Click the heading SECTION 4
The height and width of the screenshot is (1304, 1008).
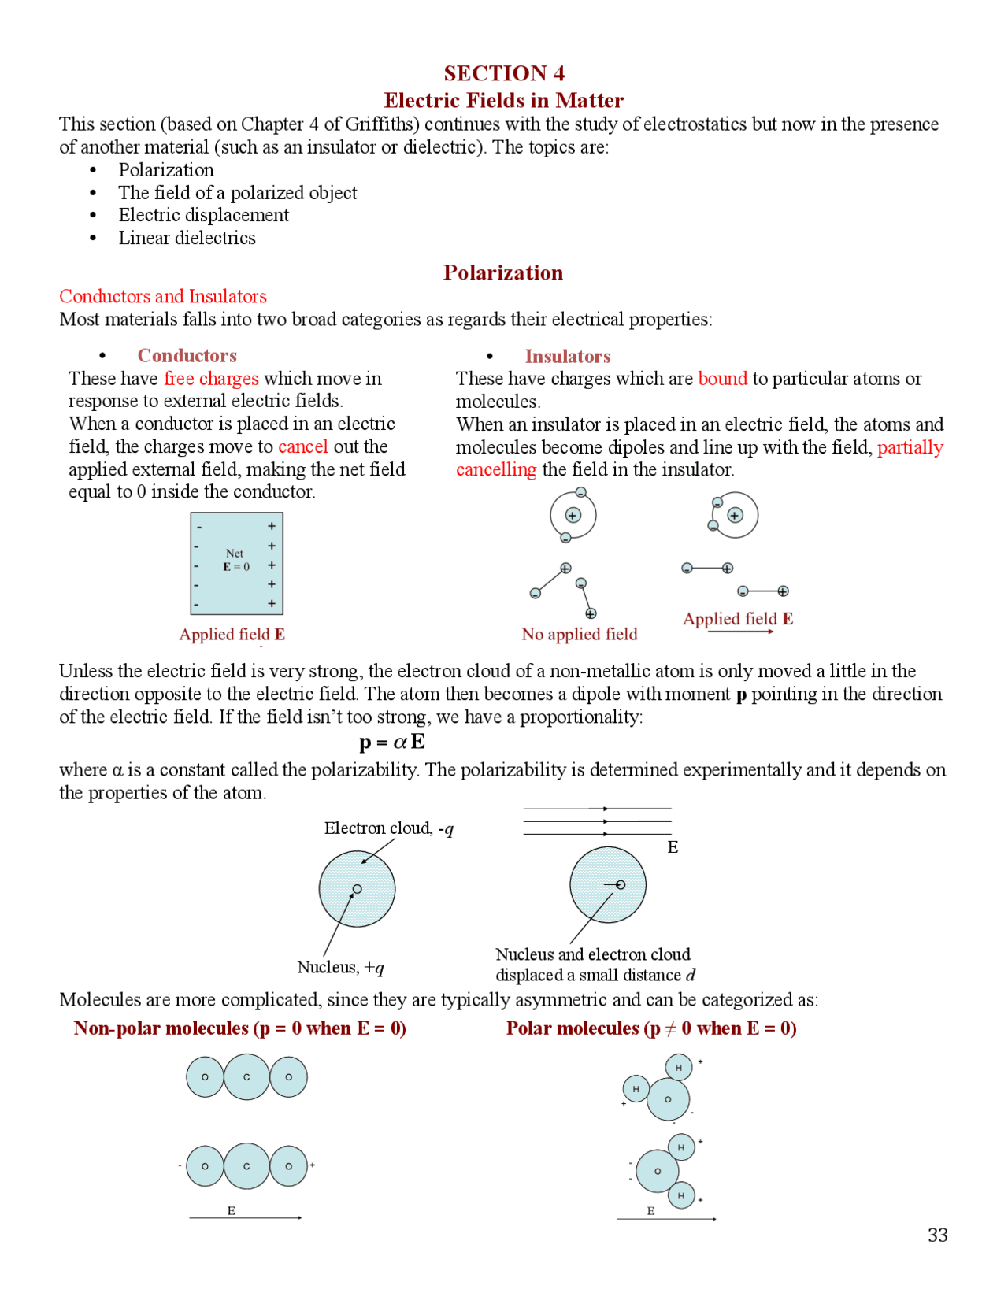pyautogui.click(x=504, y=73)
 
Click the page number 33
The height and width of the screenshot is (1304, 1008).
pyautogui.click(x=937, y=1235)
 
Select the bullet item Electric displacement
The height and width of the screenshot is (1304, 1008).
pyautogui.click(x=203, y=215)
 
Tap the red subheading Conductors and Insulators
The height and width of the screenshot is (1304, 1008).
pyautogui.click(x=163, y=296)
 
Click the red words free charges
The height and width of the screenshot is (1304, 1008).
pyautogui.click(x=211, y=379)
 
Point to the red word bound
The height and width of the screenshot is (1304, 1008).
pyautogui.click(x=722, y=379)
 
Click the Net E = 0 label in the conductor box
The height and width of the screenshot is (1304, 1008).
pyautogui.click(x=235, y=560)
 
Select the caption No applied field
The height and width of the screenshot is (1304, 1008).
pyautogui.click(x=579, y=634)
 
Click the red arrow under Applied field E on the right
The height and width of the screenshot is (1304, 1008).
pyautogui.click(x=740, y=632)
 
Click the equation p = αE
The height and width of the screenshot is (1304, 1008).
pyautogui.click(x=391, y=742)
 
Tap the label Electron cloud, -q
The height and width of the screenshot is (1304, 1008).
pyautogui.click(x=388, y=828)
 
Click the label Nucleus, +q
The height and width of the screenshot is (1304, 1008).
pyautogui.click(x=340, y=967)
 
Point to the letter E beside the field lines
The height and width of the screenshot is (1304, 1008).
pyautogui.click(x=673, y=847)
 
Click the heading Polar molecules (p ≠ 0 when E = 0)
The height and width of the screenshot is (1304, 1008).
pyautogui.click(x=651, y=1028)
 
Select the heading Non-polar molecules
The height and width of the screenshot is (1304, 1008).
pyautogui.click(x=239, y=1028)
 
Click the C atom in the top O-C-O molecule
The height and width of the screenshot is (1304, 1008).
pyautogui.click(x=246, y=1076)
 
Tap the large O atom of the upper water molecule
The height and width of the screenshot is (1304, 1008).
pyautogui.click(x=668, y=1099)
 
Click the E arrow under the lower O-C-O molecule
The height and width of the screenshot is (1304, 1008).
pyautogui.click(x=245, y=1217)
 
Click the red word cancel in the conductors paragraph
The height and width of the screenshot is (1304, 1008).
pyautogui.click(x=302, y=446)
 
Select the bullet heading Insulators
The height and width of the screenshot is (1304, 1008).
pyautogui.click(x=567, y=357)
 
